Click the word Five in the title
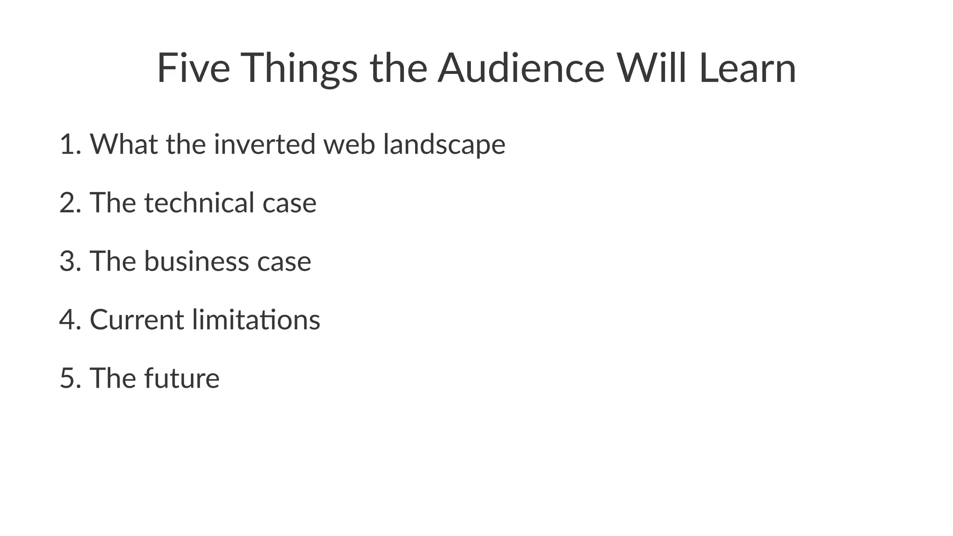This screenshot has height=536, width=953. tap(193, 68)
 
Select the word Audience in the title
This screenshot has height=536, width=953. tap(521, 68)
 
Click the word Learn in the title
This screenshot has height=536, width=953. tap(747, 68)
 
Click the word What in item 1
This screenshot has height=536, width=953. tap(124, 144)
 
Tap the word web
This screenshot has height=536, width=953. tap(349, 144)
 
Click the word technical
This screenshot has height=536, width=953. tap(199, 203)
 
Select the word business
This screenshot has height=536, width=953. tap(196, 261)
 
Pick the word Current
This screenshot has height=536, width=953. tap(137, 320)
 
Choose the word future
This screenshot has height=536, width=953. tap(181, 378)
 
